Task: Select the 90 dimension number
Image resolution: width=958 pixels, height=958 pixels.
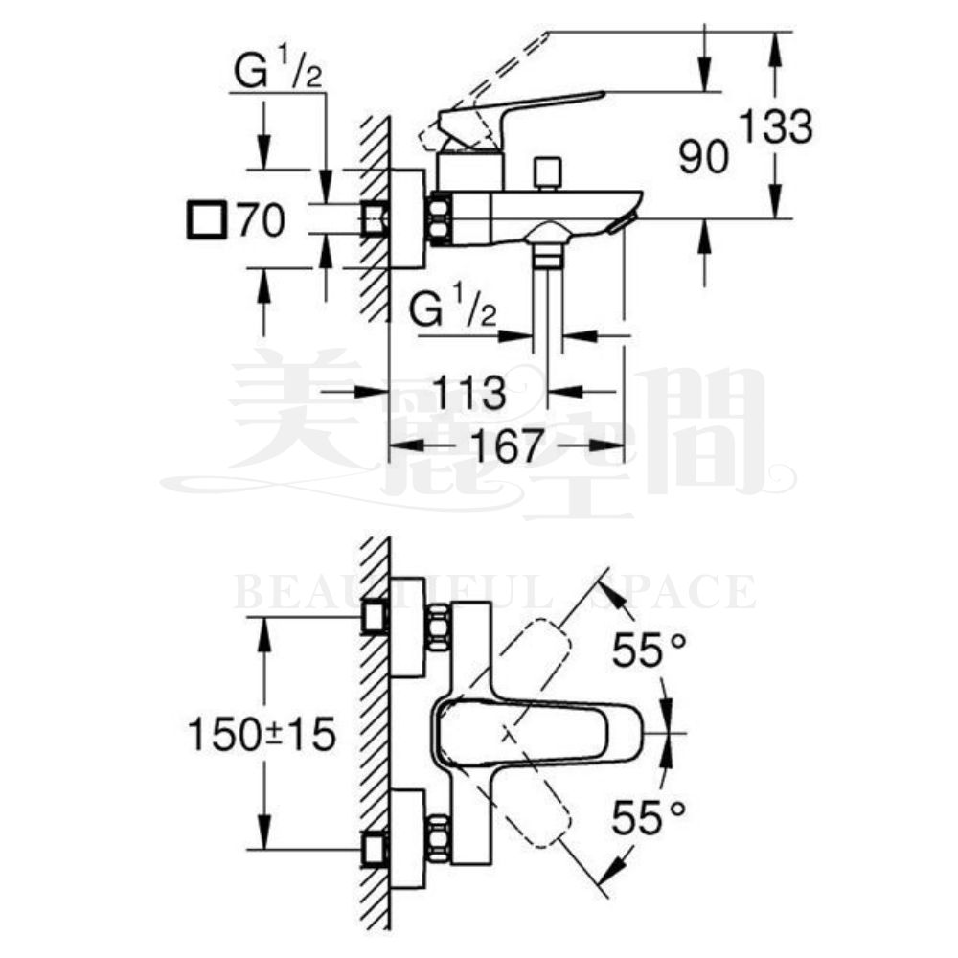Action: point(704,156)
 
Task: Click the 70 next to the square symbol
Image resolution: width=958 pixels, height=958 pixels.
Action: point(261,222)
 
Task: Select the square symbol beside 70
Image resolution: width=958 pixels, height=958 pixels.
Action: point(205,222)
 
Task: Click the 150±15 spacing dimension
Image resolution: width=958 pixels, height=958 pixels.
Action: point(261,736)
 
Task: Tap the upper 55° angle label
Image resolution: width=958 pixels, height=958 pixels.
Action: point(650,653)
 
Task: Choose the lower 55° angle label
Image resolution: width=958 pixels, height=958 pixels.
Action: point(650,818)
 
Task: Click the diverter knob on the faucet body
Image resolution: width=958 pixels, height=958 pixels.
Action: point(548,173)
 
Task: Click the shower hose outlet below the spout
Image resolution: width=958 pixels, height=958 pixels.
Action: point(548,253)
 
